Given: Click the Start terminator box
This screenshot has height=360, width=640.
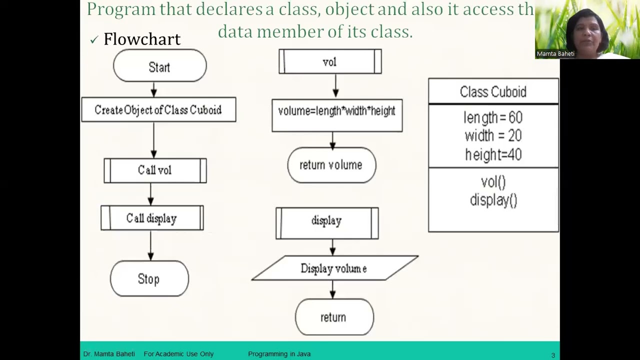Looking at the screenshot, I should click(159, 66).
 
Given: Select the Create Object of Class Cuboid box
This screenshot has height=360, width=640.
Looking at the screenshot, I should click(158, 110).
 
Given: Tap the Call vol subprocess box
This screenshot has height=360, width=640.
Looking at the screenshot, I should click(155, 170).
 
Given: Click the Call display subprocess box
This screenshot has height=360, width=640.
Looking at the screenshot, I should click(152, 218).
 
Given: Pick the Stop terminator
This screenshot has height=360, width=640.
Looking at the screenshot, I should click(149, 279).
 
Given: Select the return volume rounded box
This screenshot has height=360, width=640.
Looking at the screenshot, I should click(331, 165).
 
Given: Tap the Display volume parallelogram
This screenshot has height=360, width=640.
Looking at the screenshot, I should click(334, 268).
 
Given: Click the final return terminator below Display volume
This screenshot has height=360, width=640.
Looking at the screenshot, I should click(333, 317).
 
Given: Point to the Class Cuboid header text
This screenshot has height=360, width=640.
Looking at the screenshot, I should click(493, 92).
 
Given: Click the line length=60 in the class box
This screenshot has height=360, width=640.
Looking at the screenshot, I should click(493, 117).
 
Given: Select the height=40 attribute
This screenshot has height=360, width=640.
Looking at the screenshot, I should click(493, 154).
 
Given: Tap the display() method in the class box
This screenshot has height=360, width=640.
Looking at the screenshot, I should click(493, 200).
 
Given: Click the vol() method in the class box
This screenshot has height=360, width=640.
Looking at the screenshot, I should click(493, 182).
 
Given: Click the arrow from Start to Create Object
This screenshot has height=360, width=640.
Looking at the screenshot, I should click(154, 89).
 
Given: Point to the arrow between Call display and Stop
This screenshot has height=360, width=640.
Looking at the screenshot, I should click(151, 245).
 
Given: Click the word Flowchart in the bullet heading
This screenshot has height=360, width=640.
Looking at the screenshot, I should click(141, 39).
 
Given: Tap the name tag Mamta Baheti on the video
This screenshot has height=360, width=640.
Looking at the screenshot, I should click(555, 53).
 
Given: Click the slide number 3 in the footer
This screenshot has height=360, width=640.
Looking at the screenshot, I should click(553, 355).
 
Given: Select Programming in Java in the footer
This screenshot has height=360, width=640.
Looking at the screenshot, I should click(279, 354).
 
